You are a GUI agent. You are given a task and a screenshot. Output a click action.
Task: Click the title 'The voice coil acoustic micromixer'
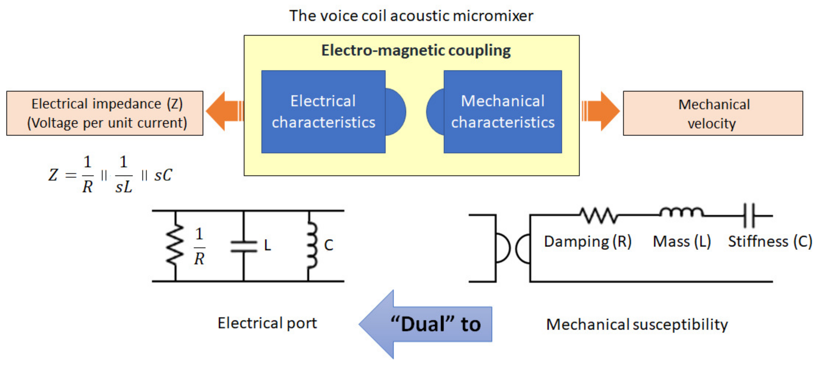[411, 16]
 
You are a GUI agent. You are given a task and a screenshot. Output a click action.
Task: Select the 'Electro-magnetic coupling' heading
[416, 50]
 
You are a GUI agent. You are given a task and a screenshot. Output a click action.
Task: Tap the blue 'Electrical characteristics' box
[323, 112]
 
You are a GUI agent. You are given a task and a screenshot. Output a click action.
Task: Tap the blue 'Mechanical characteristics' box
[503, 112]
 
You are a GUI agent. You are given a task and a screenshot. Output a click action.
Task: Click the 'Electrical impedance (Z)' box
[105, 113]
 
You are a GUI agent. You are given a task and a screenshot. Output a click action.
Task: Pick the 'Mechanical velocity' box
[713, 113]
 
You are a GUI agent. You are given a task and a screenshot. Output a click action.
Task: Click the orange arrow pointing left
[224, 111]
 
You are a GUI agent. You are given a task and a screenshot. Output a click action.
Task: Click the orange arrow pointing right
[601, 111]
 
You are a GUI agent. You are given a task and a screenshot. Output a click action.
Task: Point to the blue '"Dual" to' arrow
[425, 324]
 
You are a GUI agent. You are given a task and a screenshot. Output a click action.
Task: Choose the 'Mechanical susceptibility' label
[637, 324]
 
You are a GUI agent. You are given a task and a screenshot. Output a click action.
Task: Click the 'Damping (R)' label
[588, 241]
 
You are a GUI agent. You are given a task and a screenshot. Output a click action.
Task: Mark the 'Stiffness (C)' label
[770, 241]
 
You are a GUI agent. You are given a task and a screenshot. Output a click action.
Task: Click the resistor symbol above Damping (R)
[599, 215]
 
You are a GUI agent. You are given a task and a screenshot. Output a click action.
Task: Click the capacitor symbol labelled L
[244, 246]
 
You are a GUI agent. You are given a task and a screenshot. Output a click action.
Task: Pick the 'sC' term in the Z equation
[163, 175]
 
